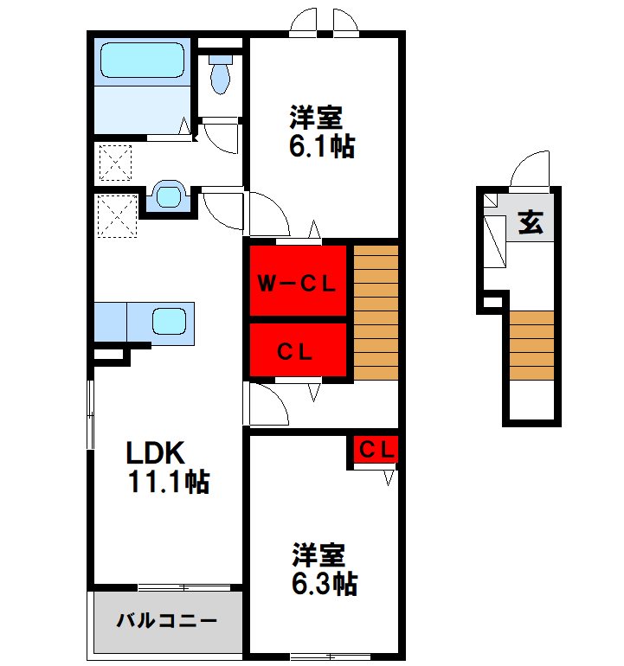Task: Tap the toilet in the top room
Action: click(221, 74)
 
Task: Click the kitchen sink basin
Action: click(170, 321)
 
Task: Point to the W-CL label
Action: click(298, 283)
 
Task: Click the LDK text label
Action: click(156, 453)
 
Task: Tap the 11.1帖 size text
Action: click(169, 482)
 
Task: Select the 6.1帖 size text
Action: click(321, 145)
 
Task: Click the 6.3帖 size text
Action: click(324, 583)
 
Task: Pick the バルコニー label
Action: click(166, 621)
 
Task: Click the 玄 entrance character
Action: click(530, 223)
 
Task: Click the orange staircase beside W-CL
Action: click(376, 313)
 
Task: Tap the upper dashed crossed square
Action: click(115, 163)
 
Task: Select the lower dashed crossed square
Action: click(116, 215)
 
